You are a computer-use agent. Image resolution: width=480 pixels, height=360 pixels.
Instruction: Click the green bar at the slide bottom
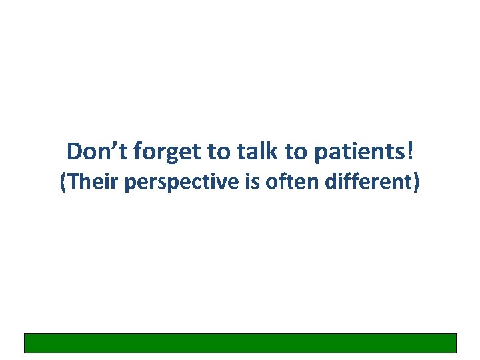(240, 343)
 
